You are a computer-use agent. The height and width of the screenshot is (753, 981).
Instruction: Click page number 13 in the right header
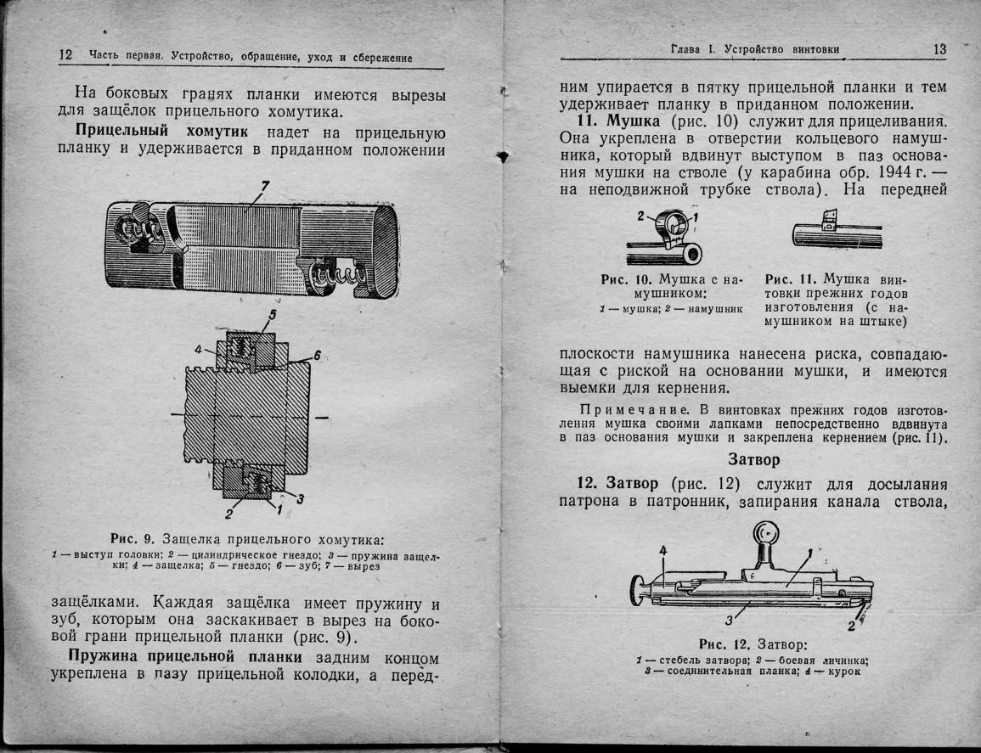939,49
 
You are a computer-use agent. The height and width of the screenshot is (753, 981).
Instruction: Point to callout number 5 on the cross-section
273,316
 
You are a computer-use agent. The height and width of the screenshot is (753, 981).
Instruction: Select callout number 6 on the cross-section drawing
316,356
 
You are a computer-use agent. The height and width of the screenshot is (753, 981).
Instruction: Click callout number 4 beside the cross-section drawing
199,348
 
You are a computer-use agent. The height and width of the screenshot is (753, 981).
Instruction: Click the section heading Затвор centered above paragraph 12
754,460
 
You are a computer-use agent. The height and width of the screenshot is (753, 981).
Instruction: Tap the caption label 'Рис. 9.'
131,538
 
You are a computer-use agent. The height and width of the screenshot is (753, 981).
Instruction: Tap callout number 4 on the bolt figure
663,549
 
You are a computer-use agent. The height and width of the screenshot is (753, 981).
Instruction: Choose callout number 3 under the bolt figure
728,618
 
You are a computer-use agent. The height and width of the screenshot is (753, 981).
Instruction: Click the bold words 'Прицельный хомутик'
161,131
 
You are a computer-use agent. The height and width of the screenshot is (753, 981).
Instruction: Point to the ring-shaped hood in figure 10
676,227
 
